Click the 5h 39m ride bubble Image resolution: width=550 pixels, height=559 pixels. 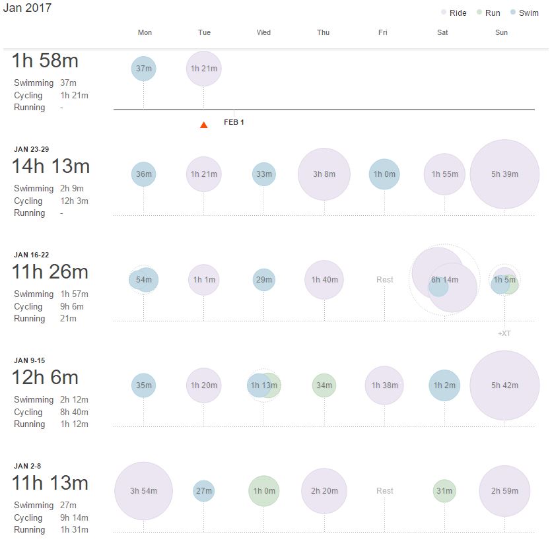tap(504, 174)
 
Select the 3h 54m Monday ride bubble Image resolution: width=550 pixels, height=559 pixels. tap(143, 491)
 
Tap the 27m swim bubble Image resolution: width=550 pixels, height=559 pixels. tap(204, 491)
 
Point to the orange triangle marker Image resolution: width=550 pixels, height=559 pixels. tap(204, 125)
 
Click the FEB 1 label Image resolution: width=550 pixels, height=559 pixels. tap(234, 123)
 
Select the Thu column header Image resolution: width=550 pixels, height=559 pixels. tap(324, 32)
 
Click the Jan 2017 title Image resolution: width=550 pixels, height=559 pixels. tap(27, 9)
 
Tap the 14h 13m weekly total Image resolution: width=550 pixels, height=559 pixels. tap(50, 166)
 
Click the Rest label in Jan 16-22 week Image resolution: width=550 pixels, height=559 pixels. tap(385, 280)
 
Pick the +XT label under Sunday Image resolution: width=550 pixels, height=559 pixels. tap(504, 333)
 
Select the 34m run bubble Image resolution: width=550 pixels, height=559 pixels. tap(324, 385)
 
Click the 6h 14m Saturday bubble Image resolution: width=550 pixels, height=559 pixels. tap(444, 280)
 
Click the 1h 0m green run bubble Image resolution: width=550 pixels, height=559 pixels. tap(264, 491)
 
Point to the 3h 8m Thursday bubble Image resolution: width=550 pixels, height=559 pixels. tap(324, 174)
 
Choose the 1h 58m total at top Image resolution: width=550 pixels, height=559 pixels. tap(45, 61)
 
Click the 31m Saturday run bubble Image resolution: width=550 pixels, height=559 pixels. tap(444, 491)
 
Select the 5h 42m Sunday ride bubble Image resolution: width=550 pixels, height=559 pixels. tap(504, 385)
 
